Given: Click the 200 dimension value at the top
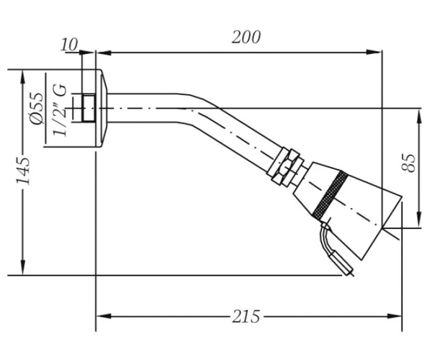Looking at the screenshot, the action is click(246, 37).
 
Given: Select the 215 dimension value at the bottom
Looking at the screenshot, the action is click(246, 317).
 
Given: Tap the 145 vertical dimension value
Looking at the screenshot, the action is click(23, 171).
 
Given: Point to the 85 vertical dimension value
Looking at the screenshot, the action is click(408, 163).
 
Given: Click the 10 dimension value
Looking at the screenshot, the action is click(69, 45).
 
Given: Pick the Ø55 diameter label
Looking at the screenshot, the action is click(37, 108).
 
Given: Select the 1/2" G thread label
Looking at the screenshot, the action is click(60, 110).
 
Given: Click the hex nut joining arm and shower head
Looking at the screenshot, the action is click(285, 167).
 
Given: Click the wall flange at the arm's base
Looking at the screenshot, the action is click(102, 108).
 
